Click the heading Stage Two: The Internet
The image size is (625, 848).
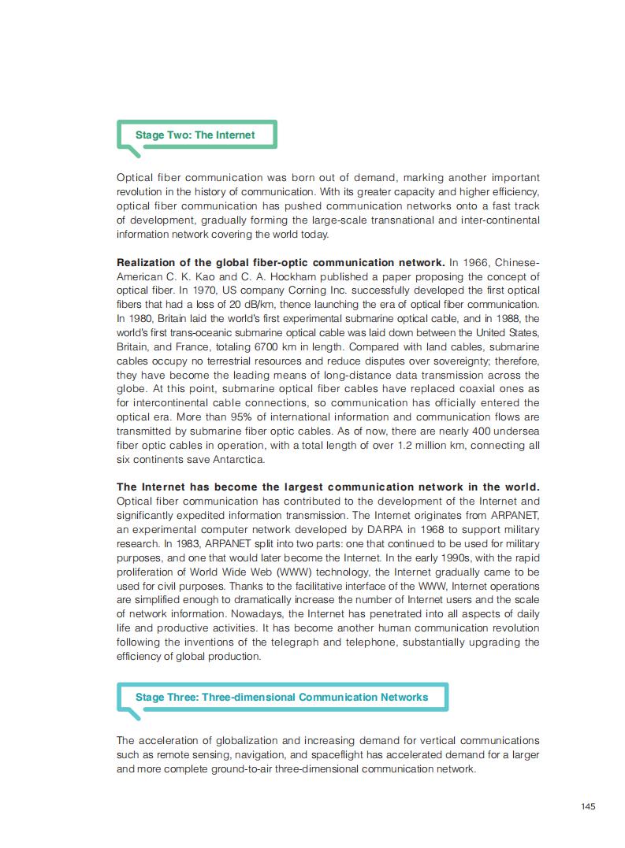pos(195,135)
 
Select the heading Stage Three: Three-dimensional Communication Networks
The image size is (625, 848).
pos(281,697)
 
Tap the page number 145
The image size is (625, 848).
pos(588,805)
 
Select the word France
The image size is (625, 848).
pos(196,346)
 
